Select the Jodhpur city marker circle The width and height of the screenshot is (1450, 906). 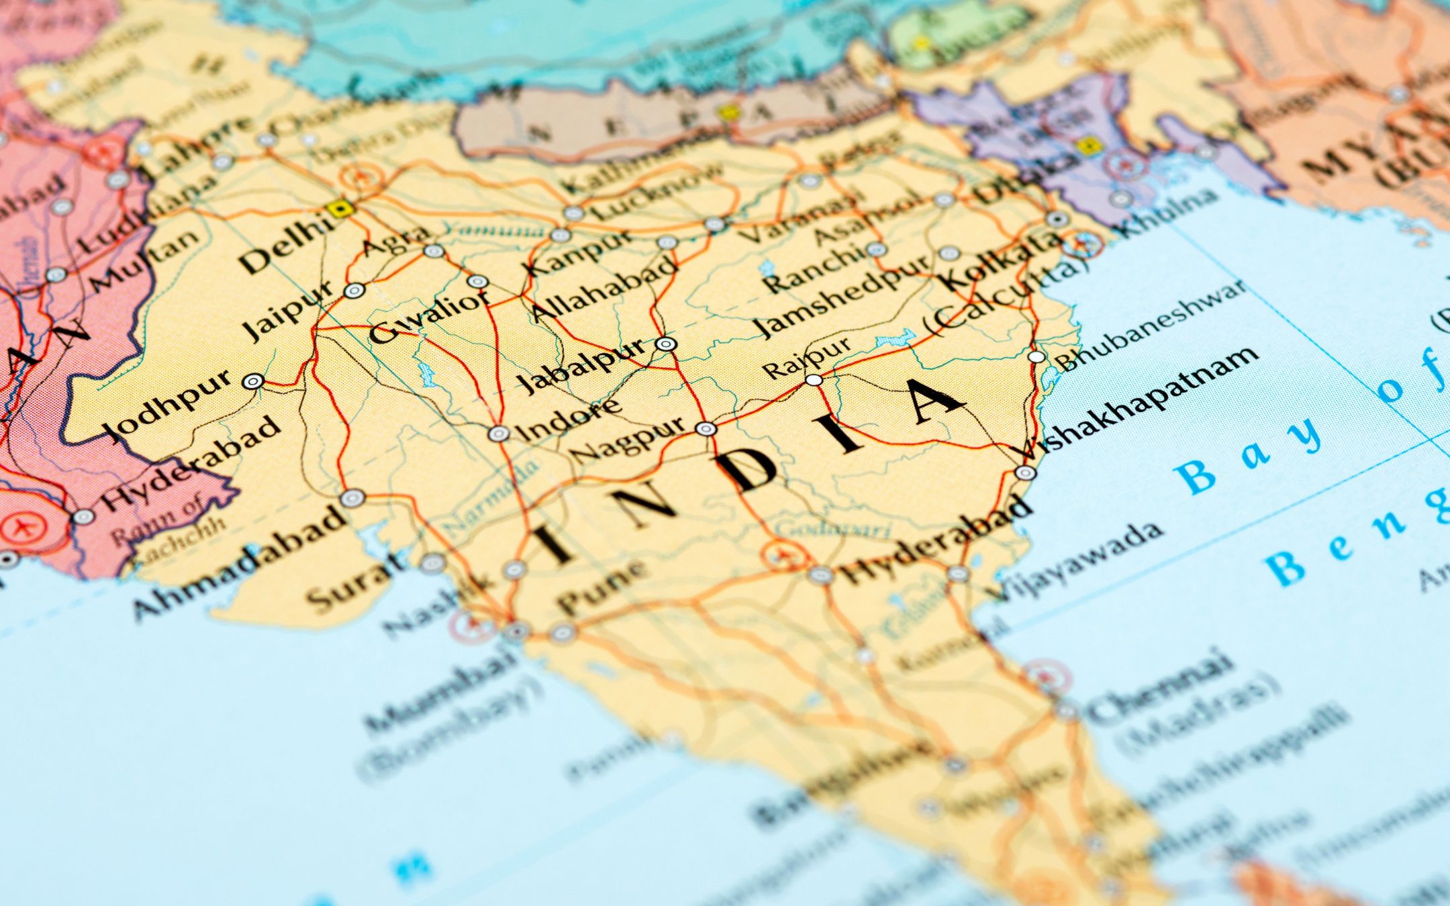(x=253, y=382)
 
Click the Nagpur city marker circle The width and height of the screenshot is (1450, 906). (x=706, y=428)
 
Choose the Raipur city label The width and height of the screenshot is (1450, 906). (x=805, y=358)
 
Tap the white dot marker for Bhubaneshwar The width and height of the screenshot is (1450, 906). (x=1037, y=356)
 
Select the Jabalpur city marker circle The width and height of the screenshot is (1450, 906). (x=665, y=344)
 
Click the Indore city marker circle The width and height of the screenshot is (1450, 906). (x=498, y=434)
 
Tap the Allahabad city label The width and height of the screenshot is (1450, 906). (x=603, y=287)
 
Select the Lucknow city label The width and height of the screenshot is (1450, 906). (x=658, y=189)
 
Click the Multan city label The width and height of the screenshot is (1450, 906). (x=145, y=259)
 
